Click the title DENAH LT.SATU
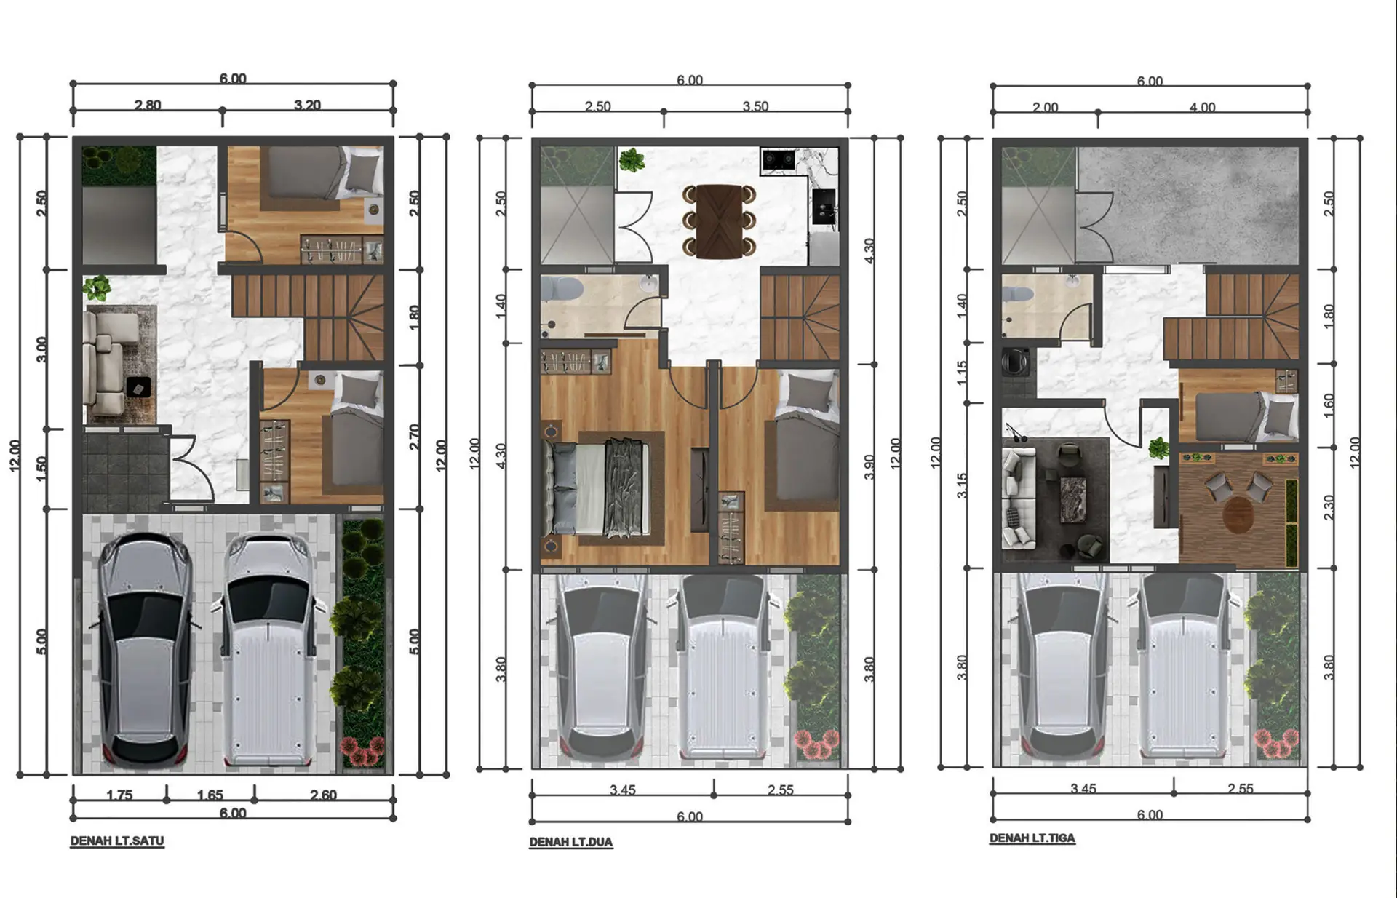(x=117, y=841)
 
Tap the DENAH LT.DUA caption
(x=571, y=842)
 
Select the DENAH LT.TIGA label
(x=1032, y=838)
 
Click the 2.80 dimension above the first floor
(x=148, y=105)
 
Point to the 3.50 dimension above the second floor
(x=755, y=106)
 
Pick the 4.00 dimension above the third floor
(x=1202, y=107)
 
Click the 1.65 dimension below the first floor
(x=210, y=795)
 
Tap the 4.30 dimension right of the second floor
(x=869, y=251)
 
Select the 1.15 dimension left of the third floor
(x=962, y=373)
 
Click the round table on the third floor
(x=1238, y=514)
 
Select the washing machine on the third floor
(x=1016, y=362)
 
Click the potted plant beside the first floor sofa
(x=96, y=288)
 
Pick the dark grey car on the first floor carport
(x=145, y=651)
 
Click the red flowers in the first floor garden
(x=362, y=751)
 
